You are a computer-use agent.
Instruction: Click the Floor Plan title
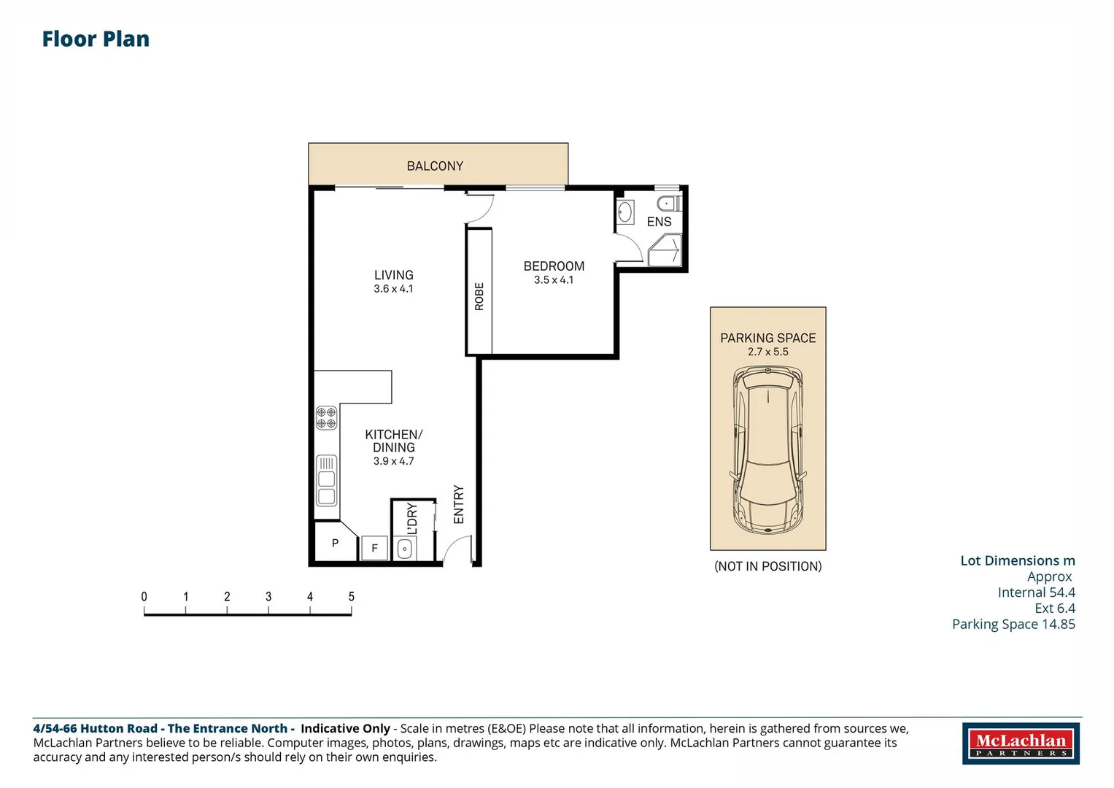tap(96, 39)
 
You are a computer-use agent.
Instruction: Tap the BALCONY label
tap(435, 166)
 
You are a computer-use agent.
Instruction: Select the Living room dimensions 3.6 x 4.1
tap(393, 289)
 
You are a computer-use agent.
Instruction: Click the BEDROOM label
tap(554, 266)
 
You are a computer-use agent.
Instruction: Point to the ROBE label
tap(479, 296)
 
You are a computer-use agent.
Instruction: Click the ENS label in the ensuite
tap(659, 222)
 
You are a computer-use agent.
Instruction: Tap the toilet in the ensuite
tap(670, 204)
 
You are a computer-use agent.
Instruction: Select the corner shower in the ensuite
tap(665, 250)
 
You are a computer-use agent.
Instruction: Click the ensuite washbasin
tap(625, 212)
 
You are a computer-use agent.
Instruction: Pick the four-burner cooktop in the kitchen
tap(326, 418)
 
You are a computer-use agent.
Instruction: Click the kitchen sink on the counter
tap(326, 481)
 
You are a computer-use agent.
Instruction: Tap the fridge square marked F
tap(374, 548)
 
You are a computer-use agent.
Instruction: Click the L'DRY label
tap(412, 518)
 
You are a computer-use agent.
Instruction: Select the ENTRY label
tap(459, 504)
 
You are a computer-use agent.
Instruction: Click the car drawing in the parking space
tap(768, 450)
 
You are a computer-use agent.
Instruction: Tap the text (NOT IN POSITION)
tap(768, 567)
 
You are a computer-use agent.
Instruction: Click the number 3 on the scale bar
tap(268, 597)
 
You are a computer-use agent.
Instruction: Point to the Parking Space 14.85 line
tap(1013, 625)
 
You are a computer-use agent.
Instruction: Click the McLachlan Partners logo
tap(1021, 743)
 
